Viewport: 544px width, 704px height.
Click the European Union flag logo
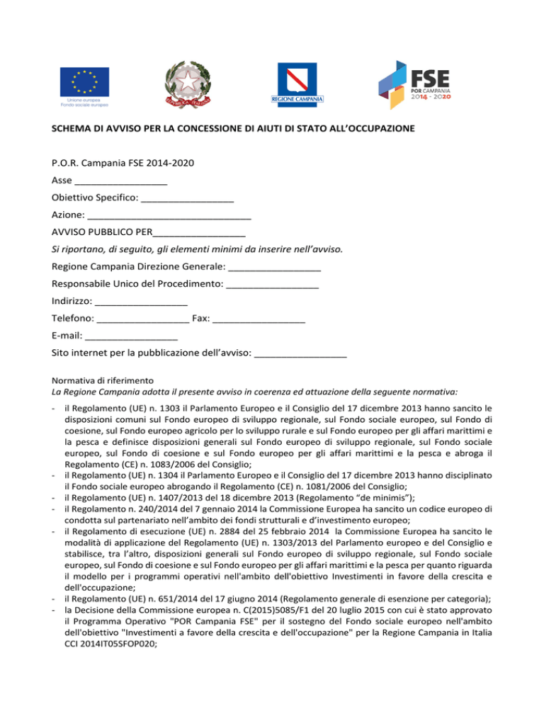click(84, 79)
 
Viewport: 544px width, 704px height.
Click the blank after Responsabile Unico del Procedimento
click(272, 285)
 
